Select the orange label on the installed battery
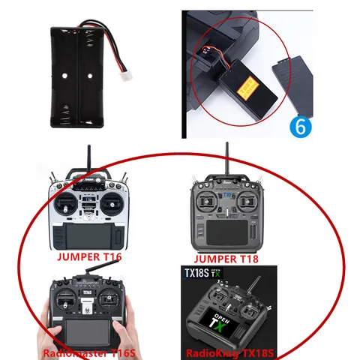pos(245,91)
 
